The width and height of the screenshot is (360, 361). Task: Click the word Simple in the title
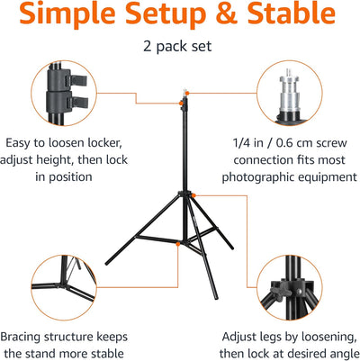point(67,14)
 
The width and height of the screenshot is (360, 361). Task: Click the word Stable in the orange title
point(291,14)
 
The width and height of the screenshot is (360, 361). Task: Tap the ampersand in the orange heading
point(226,14)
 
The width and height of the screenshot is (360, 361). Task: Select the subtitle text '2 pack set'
point(177,46)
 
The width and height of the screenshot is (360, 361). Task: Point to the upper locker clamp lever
point(78,80)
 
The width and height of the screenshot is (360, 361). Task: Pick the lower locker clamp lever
point(79,103)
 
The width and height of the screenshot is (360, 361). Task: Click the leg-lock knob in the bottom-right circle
point(276,291)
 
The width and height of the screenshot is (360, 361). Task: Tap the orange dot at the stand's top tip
point(186,93)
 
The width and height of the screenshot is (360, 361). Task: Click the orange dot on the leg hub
point(193,195)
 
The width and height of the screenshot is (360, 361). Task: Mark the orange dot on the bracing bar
point(178,244)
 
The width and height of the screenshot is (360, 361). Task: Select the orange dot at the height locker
point(181,104)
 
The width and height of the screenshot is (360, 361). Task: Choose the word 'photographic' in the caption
point(253,177)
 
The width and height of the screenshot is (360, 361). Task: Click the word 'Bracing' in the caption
point(21,337)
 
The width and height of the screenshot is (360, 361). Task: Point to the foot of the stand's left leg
point(108,263)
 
